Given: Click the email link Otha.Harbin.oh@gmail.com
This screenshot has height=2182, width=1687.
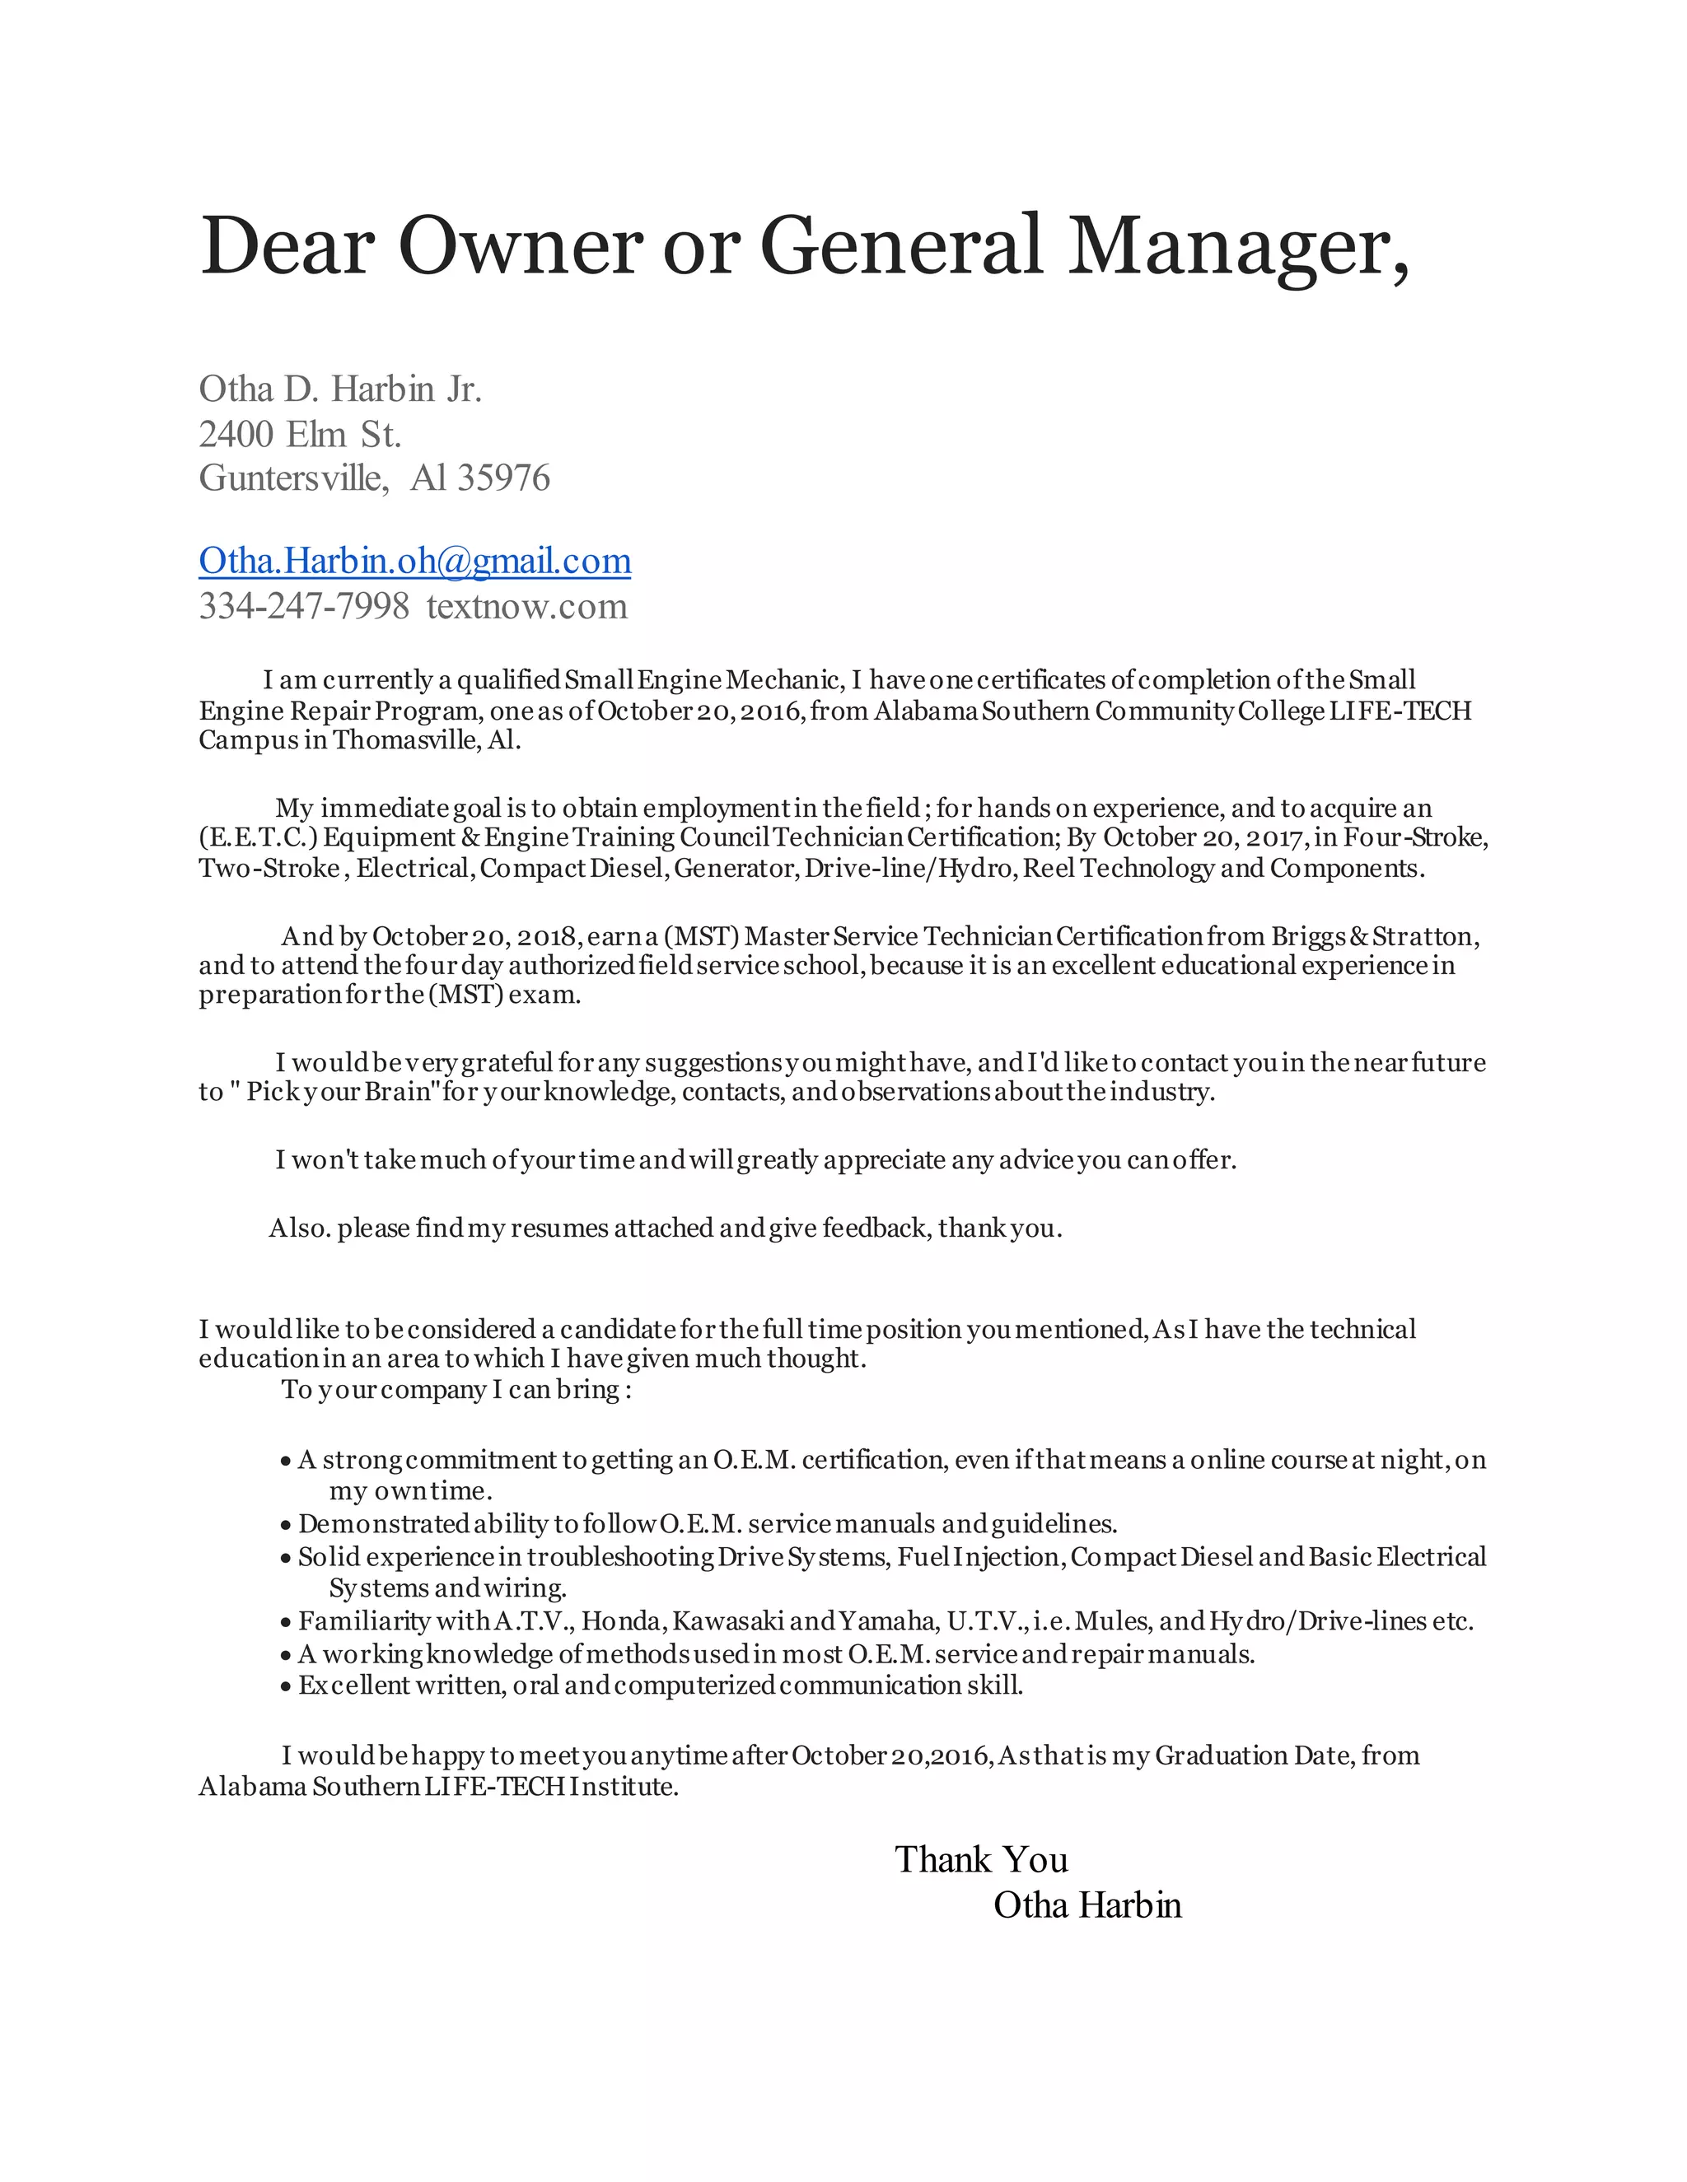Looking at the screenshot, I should [415, 562].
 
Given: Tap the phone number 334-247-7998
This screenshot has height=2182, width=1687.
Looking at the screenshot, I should [304, 607].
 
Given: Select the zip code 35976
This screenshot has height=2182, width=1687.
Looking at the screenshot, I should [502, 478].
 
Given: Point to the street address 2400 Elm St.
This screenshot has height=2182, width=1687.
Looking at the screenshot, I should [300, 435].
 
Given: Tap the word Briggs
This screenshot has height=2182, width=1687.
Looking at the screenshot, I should [1308, 936].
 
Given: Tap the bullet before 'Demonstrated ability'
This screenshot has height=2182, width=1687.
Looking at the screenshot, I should [286, 1526].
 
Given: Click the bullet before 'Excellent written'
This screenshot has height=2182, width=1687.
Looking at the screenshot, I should [286, 1687].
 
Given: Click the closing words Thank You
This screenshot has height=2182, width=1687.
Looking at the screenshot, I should [980, 1860].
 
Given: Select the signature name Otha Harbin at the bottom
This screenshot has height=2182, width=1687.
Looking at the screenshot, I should [1087, 1906].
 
